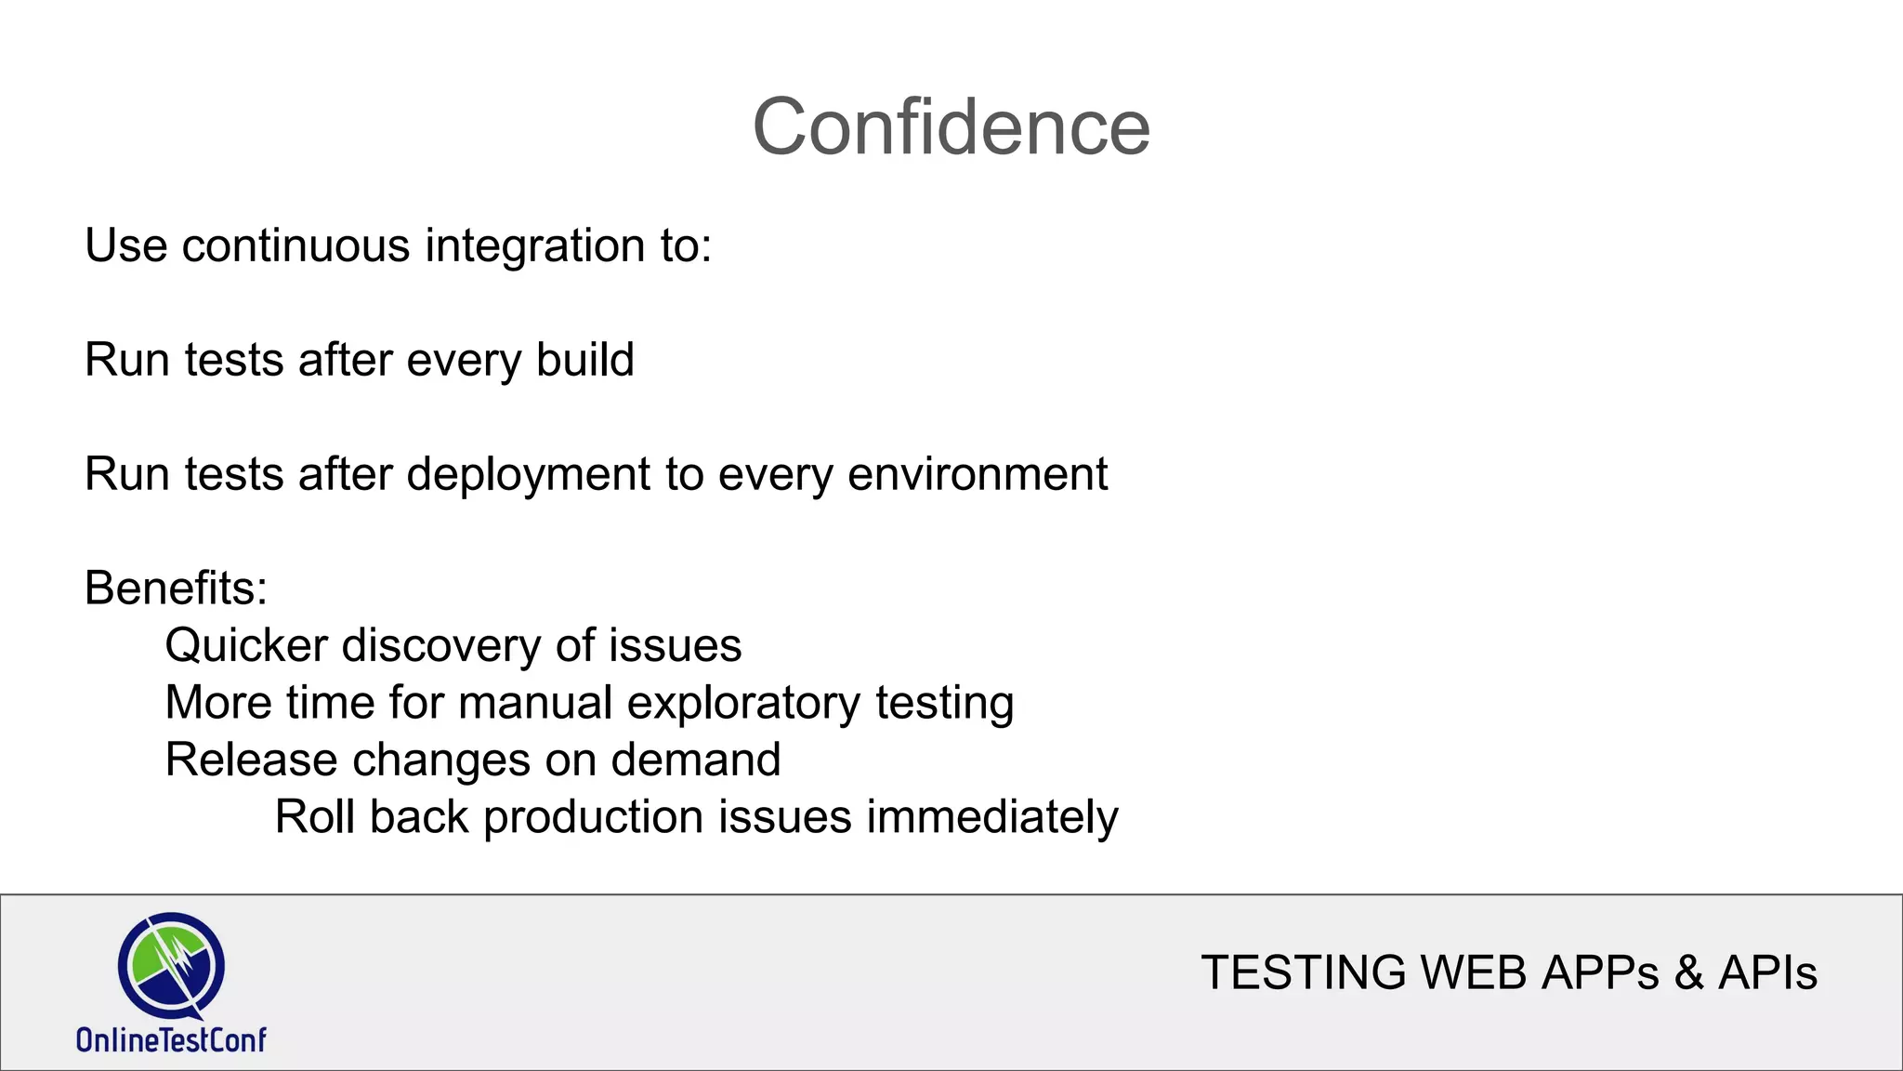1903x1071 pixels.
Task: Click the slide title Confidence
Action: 951,127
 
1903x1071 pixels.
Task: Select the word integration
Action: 535,246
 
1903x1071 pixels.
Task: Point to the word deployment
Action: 528,475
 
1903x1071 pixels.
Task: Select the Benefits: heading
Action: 176,588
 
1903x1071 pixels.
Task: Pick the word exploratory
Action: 743,704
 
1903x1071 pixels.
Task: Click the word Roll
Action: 314,817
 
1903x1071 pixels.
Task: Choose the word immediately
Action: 991,818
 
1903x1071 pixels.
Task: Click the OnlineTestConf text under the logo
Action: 171,1039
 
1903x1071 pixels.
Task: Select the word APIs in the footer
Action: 1766,973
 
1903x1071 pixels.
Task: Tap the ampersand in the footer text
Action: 1687,973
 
